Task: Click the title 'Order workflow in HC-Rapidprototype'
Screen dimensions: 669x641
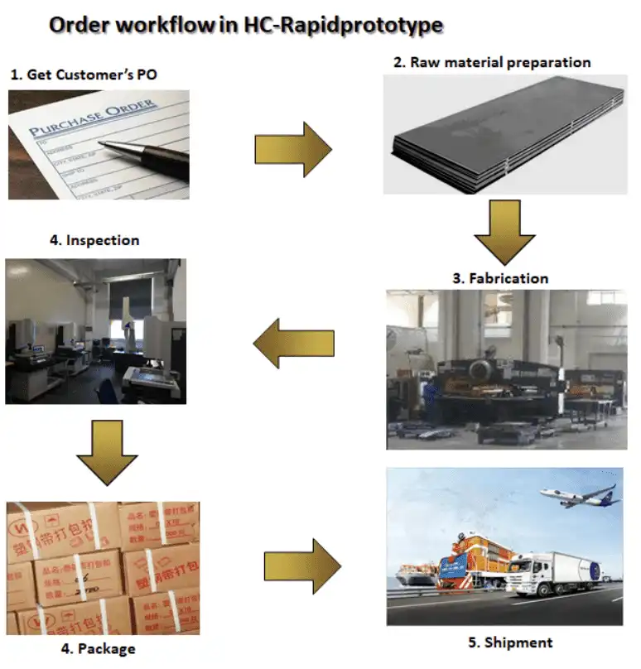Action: (x=246, y=25)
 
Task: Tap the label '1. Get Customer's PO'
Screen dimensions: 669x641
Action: (x=84, y=75)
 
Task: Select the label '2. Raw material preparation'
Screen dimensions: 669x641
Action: (x=491, y=63)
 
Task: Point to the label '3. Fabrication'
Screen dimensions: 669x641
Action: (x=499, y=278)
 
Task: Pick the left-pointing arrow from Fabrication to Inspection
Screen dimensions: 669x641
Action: (x=294, y=342)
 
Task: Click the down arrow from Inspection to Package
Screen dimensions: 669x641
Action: (x=106, y=452)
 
